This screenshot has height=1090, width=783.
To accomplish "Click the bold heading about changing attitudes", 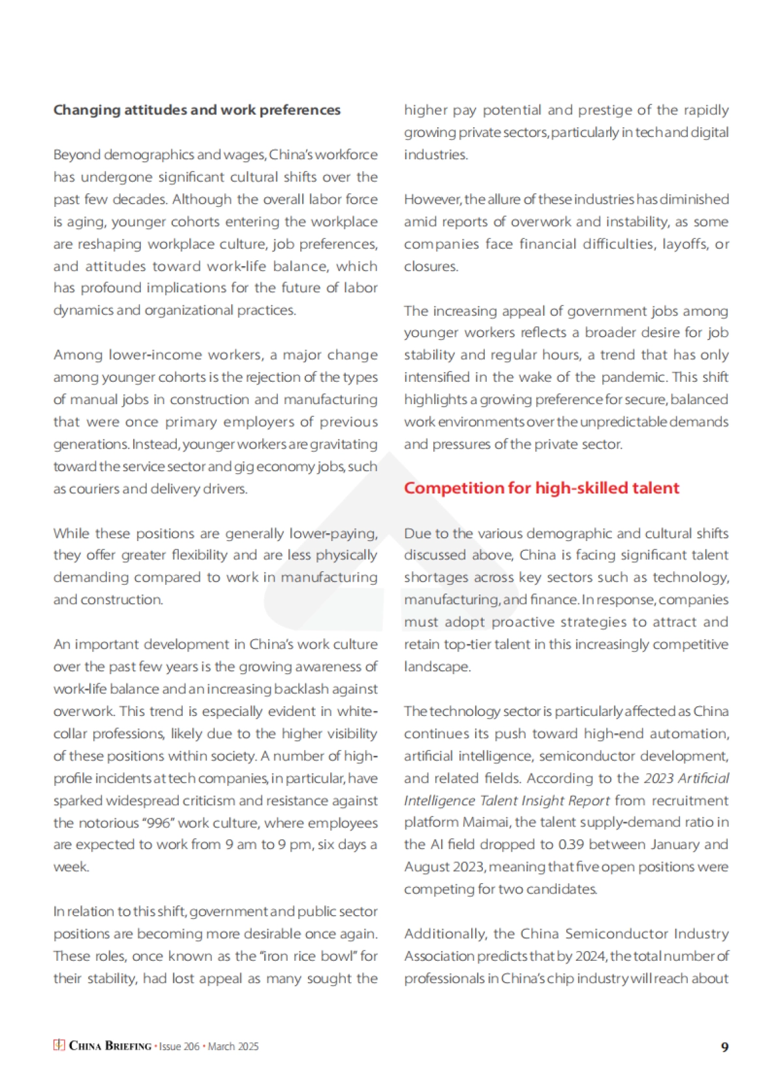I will coord(196,110).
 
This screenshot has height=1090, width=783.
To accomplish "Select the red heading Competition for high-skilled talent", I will coord(541,488).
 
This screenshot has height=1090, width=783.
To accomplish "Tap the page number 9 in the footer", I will coord(724,1047).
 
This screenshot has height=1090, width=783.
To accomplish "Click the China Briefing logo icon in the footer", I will coord(59,1046).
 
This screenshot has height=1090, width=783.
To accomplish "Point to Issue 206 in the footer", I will coord(179,1046).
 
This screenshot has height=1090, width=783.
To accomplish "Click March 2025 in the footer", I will coord(233,1046).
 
